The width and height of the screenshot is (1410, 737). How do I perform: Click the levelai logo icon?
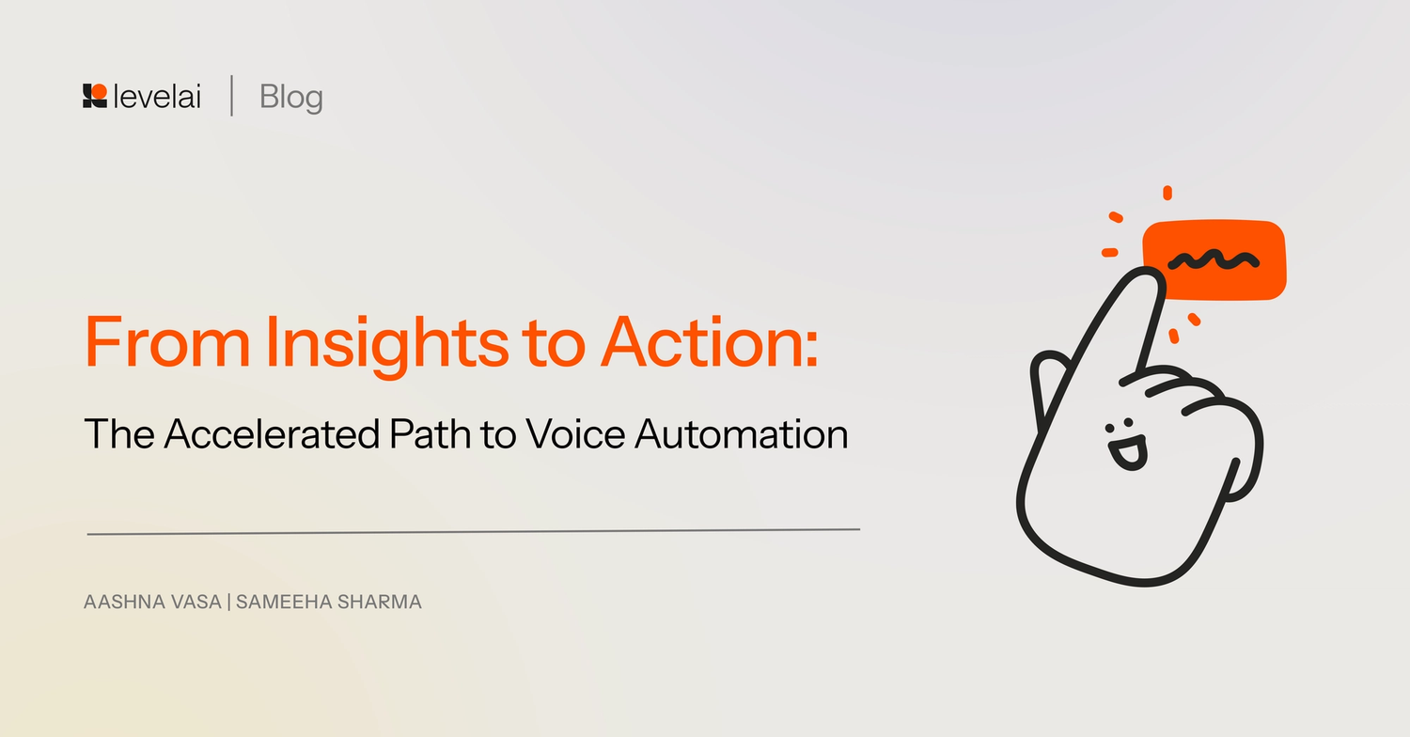point(94,96)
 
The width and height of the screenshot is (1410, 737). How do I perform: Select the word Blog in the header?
point(291,97)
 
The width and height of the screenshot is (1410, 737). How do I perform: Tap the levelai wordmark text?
point(157,97)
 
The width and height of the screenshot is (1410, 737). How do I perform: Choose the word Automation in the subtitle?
point(742,434)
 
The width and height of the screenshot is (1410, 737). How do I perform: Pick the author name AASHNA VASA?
point(152,603)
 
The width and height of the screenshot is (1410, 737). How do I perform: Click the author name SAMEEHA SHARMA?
point(329,603)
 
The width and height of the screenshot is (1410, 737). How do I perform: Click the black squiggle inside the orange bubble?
point(1213,259)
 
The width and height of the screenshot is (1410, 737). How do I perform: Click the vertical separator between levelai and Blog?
point(231,97)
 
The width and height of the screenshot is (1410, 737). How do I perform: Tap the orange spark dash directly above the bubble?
point(1167,193)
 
